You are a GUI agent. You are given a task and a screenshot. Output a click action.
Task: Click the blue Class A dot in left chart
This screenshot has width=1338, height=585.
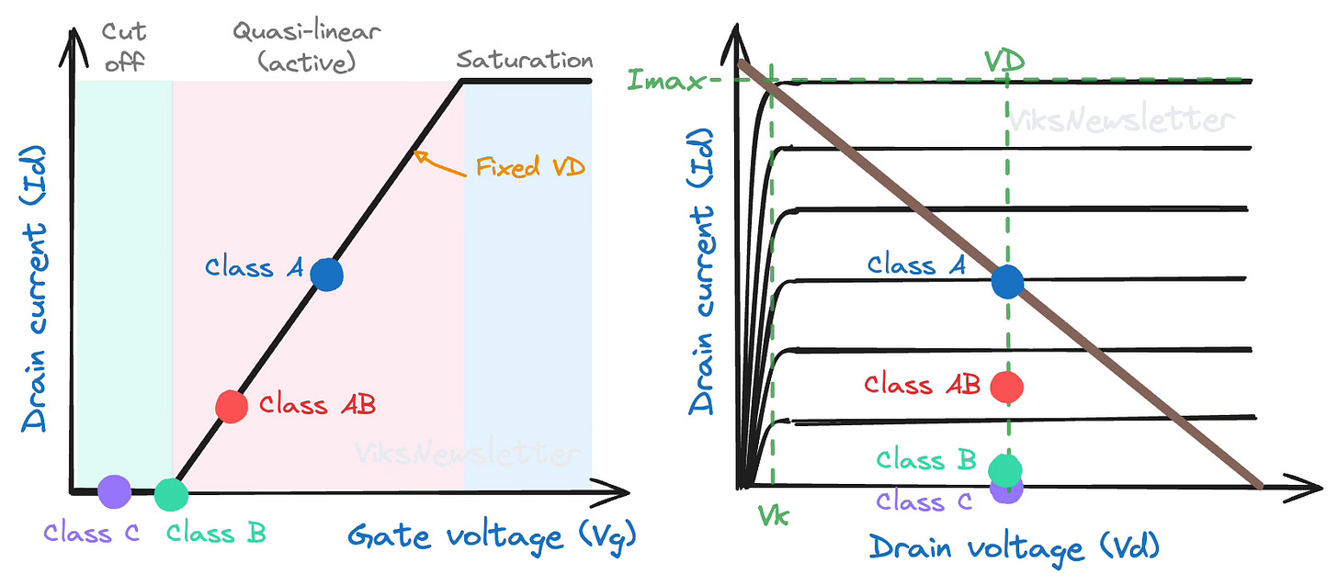(326, 275)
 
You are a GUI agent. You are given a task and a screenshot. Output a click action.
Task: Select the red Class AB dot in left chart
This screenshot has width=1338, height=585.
(231, 406)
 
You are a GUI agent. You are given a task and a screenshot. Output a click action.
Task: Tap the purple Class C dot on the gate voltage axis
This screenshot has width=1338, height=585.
(114, 491)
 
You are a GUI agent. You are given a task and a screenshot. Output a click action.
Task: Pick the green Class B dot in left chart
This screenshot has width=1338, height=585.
(171, 494)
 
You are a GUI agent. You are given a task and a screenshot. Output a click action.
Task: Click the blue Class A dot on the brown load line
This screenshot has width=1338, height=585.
(1007, 281)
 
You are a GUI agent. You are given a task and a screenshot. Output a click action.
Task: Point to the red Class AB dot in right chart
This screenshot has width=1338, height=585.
(1008, 387)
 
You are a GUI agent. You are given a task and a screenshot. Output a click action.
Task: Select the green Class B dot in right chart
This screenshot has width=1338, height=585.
(1008, 468)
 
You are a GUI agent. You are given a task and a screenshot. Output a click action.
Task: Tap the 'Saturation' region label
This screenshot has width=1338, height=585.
(525, 61)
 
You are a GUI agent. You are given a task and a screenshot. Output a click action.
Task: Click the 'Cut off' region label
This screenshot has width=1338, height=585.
(123, 46)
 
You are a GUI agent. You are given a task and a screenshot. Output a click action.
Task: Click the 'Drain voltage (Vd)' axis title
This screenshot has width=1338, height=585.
(1014, 548)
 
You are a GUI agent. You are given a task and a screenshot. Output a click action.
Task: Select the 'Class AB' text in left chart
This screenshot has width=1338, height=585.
(318, 404)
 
